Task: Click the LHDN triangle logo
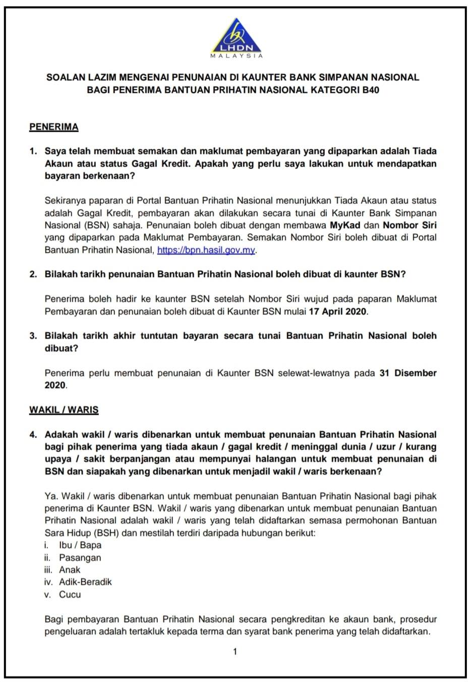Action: [x=236, y=35]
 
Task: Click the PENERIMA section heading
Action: [x=54, y=127]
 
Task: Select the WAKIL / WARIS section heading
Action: [x=64, y=410]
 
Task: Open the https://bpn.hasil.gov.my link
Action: [x=206, y=250]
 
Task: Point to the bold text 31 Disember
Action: [x=407, y=373]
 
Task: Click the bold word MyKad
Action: [x=345, y=225]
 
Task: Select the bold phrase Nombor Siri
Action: [x=409, y=225]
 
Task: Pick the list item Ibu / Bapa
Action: [x=80, y=545]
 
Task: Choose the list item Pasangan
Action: [x=80, y=557]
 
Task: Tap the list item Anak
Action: [x=70, y=570]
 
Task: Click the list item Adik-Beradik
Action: [x=85, y=582]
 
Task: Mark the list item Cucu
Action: [x=70, y=594]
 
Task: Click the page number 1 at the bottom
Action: [x=235, y=651]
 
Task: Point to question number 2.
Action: [x=33, y=274]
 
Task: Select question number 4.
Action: [x=33, y=434]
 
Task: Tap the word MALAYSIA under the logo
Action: [x=236, y=56]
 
